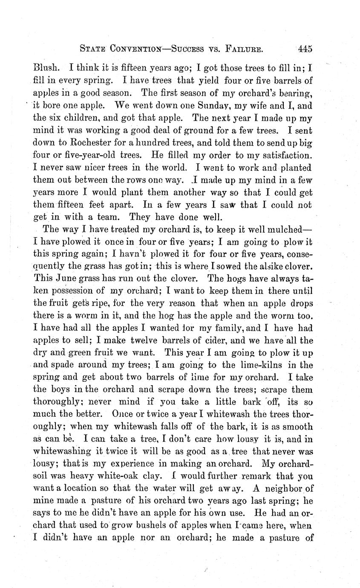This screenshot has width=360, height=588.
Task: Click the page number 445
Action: [305, 49]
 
